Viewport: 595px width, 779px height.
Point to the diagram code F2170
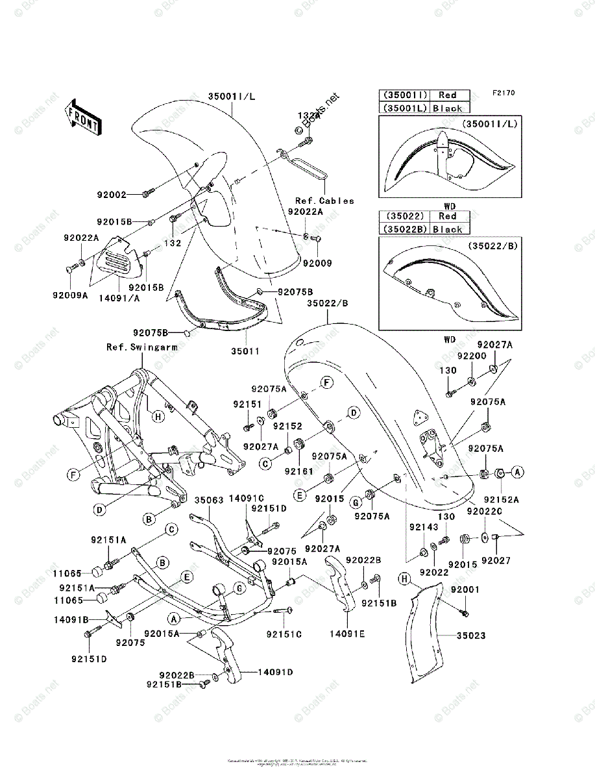[x=503, y=93]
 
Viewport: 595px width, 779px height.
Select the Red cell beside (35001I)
[x=447, y=95]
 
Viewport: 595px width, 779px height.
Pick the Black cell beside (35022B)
[x=447, y=229]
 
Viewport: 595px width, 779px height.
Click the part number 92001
[x=465, y=589]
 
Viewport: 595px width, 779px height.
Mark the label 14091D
[x=276, y=672]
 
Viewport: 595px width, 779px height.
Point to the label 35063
[x=210, y=501]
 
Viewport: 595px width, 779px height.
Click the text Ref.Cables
[x=324, y=201]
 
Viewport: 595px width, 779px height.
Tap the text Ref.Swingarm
[x=142, y=347]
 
